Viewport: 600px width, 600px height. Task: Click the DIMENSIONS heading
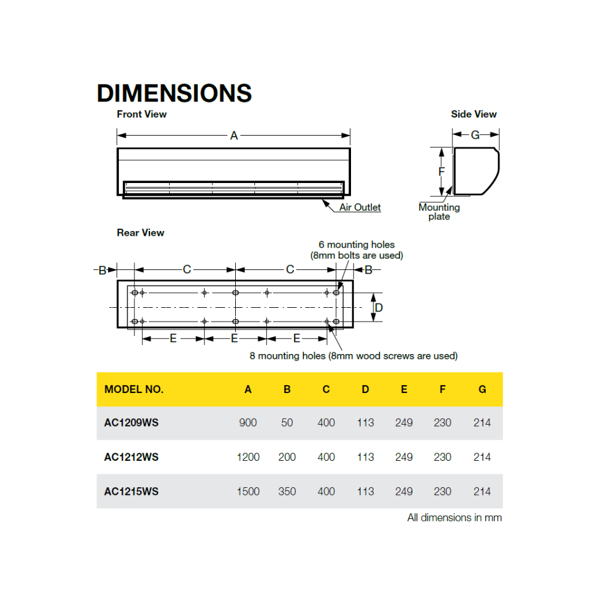pos(174,93)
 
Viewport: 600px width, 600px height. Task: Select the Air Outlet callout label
pos(360,208)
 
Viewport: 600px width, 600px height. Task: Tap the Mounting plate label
pos(439,212)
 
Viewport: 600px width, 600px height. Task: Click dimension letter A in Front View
pos(234,136)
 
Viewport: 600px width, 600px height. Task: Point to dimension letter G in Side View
pos(475,135)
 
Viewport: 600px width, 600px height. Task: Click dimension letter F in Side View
pos(442,172)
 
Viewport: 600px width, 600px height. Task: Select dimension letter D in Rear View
pos(379,308)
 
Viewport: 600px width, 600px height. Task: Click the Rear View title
pos(140,233)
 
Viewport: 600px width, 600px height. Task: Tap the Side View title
pos(474,114)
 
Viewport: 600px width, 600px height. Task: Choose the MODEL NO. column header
pos(134,389)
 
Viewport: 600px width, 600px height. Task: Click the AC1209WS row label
pos(131,423)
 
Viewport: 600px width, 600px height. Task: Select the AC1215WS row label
pos(131,491)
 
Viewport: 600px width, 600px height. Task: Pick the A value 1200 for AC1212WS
pos(248,457)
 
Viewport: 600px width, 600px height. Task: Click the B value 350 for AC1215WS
pos(287,491)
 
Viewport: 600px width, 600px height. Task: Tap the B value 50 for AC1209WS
pos(287,423)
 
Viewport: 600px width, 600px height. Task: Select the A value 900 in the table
pos(248,423)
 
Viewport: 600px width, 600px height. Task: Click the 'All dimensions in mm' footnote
pos(454,518)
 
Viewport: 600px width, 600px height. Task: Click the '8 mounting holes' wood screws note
pos(353,356)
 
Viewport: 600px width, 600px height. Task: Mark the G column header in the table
pos(482,389)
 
